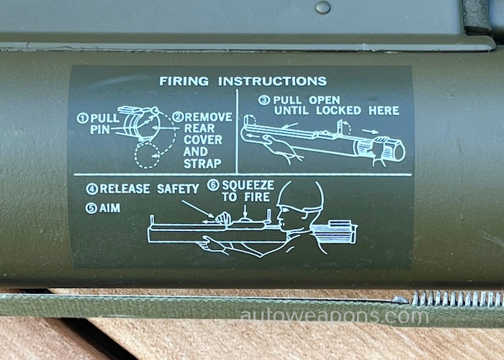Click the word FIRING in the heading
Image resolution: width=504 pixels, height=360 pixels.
coord(184,81)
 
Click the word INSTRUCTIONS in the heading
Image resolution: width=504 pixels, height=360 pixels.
coord(273,81)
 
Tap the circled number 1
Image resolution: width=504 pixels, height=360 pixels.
coord(82,118)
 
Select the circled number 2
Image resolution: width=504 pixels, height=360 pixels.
coord(178,117)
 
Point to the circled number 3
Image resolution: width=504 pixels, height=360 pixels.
coord(264,100)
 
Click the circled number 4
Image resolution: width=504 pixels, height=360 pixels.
coord(92,189)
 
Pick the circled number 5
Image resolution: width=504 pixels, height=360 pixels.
coord(91,208)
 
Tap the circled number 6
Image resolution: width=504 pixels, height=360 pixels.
coord(213,185)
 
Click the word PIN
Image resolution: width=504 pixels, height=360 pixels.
coord(99,130)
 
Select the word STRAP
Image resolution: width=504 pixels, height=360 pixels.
coord(202,163)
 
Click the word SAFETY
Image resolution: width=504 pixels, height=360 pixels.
coord(178,189)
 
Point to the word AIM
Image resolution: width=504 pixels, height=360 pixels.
coord(110,208)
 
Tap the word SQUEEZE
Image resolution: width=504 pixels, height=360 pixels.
coord(248,185)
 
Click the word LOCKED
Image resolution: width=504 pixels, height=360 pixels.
coord(338,111)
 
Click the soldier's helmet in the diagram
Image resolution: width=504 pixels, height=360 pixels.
coord(300,195)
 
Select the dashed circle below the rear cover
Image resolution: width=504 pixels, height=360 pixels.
coord(147,156)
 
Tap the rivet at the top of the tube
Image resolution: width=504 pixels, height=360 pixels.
coord(323,7)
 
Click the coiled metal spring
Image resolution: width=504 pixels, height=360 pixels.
coord(457,298)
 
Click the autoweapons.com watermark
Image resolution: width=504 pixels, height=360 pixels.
coord(334,316)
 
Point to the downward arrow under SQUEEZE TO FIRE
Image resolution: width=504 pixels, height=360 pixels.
coord(246,211)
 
